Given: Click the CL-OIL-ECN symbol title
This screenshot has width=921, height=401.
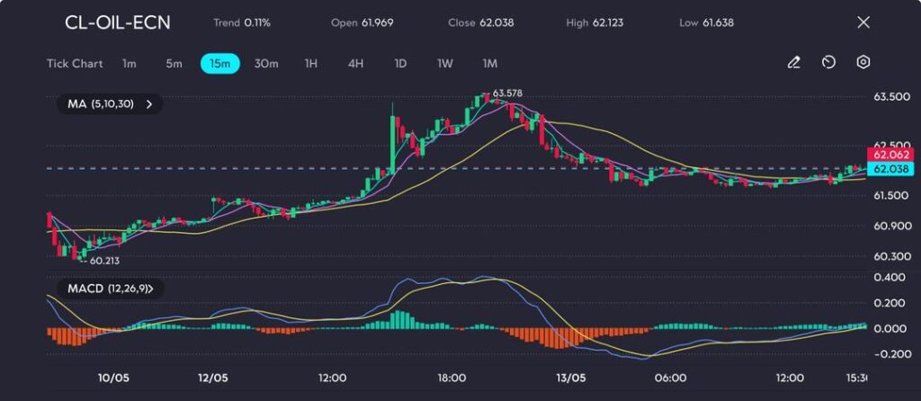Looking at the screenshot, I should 118,22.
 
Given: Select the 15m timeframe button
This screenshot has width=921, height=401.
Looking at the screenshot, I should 219,63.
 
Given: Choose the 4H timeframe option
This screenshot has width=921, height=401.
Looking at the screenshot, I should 355,63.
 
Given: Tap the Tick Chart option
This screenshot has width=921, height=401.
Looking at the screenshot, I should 75,63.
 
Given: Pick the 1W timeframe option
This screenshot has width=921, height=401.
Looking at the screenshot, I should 445,63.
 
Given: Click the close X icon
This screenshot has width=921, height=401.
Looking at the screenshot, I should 863,22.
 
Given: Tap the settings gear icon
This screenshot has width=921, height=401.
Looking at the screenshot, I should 863,63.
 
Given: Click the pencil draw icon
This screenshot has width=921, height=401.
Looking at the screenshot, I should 794,63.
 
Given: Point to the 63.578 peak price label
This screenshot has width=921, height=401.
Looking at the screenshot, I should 507,94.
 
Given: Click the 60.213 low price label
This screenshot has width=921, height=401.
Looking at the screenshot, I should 104,261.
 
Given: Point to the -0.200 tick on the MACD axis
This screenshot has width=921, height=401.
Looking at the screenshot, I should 887,353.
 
